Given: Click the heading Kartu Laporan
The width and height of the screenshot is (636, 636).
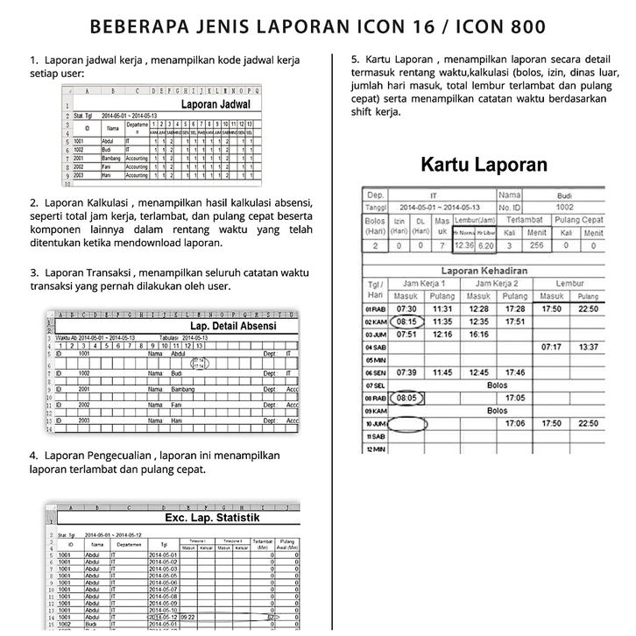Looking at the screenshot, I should point(484,164).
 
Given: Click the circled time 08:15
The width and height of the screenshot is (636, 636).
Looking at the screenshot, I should point(406,322).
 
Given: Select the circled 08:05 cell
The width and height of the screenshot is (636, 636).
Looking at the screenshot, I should point(406,397).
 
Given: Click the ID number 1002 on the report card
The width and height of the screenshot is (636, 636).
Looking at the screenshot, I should point(565,207).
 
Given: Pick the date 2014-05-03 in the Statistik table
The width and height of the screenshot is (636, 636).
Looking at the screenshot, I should point(163,569).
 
